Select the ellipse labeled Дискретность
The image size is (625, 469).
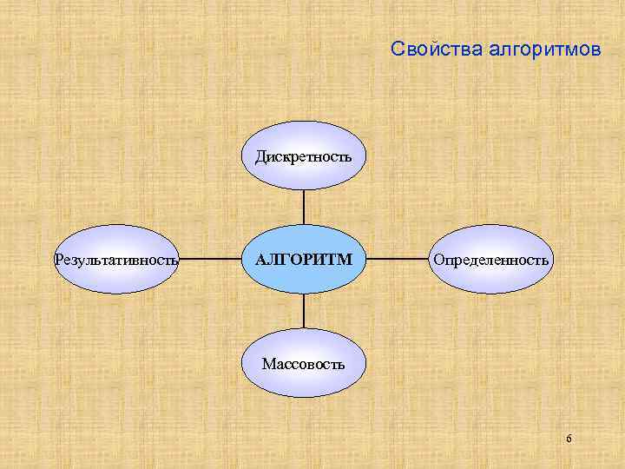click(303, 157)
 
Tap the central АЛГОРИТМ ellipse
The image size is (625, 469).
click(303, 260)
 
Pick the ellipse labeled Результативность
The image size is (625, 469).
click(116, 260)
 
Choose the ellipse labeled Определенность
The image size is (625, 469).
click(490, 260)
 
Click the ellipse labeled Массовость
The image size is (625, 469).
click(303, 363)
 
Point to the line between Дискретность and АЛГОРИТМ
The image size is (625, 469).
click(304, 208)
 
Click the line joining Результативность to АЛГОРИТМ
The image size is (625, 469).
click(210, 260)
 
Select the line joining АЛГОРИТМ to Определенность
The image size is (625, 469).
click(398, 260)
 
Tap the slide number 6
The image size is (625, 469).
click(569, 439)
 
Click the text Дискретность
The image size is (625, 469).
click(303, 157)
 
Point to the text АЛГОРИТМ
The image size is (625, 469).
click(304, 260)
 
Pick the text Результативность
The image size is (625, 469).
click(116, 260)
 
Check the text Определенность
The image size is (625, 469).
click(490, 260)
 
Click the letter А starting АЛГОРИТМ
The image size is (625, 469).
click(260, 260)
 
